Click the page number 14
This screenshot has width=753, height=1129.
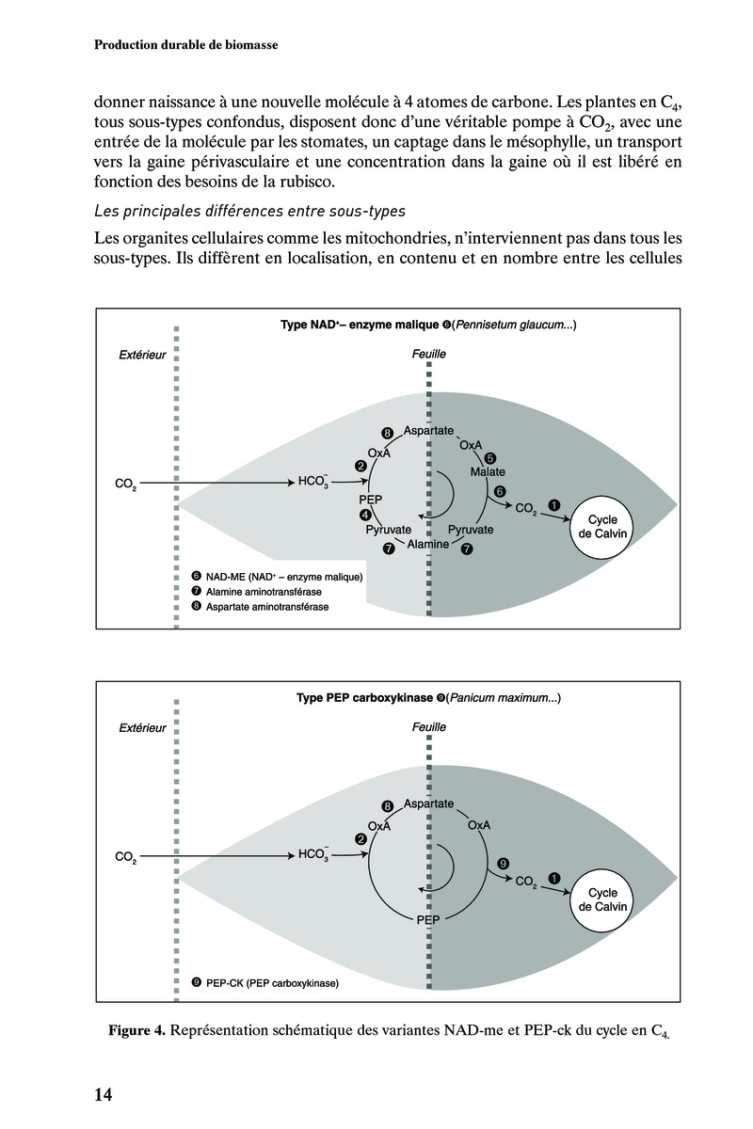click(x=103, y=1094)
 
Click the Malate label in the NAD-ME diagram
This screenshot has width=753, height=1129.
click(x=489, y=470)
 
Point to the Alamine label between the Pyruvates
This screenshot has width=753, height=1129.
click(x=427, y=544)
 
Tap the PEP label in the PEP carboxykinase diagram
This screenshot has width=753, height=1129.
click(x=427, y=919)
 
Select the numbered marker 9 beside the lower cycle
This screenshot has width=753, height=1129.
click(x=503, y=863)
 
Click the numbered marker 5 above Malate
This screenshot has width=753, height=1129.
click(x=489, y=457)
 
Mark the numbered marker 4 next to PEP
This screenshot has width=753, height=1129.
click(x=365, y=515)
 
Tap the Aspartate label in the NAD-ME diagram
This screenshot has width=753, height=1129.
click(x=428, y=430)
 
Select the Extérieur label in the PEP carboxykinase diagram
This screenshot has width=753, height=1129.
click(x=142, y=727)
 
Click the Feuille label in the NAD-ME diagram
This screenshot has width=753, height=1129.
click(x=429, y=354)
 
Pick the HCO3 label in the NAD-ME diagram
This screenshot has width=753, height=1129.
click(x=312, y=483)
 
